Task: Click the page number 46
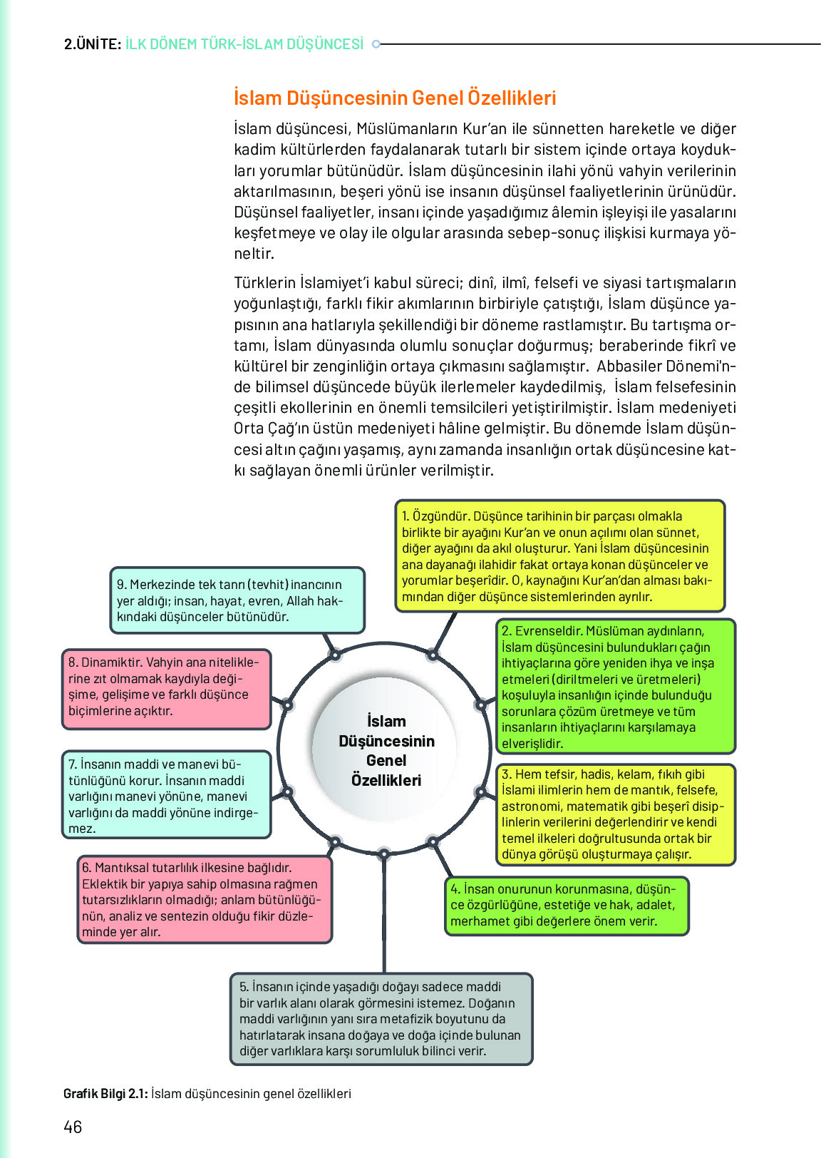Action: (73, 1127)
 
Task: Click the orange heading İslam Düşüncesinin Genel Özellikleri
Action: (395, 98)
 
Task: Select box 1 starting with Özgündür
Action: (560, 556)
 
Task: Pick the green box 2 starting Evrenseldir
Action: (616, 687)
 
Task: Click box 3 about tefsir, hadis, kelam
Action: (616, 814)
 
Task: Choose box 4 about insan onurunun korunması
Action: (567, 905)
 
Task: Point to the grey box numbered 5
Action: (381, 1019)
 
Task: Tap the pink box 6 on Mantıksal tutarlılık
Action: (205, 900)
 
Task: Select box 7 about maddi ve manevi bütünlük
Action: (166, 794)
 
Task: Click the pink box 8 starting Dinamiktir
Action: (166, 689)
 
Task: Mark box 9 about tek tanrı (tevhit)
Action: (237, 600)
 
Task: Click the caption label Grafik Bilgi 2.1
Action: (105, 1094)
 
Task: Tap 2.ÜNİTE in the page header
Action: (92, 44)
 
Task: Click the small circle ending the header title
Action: (377, 44)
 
